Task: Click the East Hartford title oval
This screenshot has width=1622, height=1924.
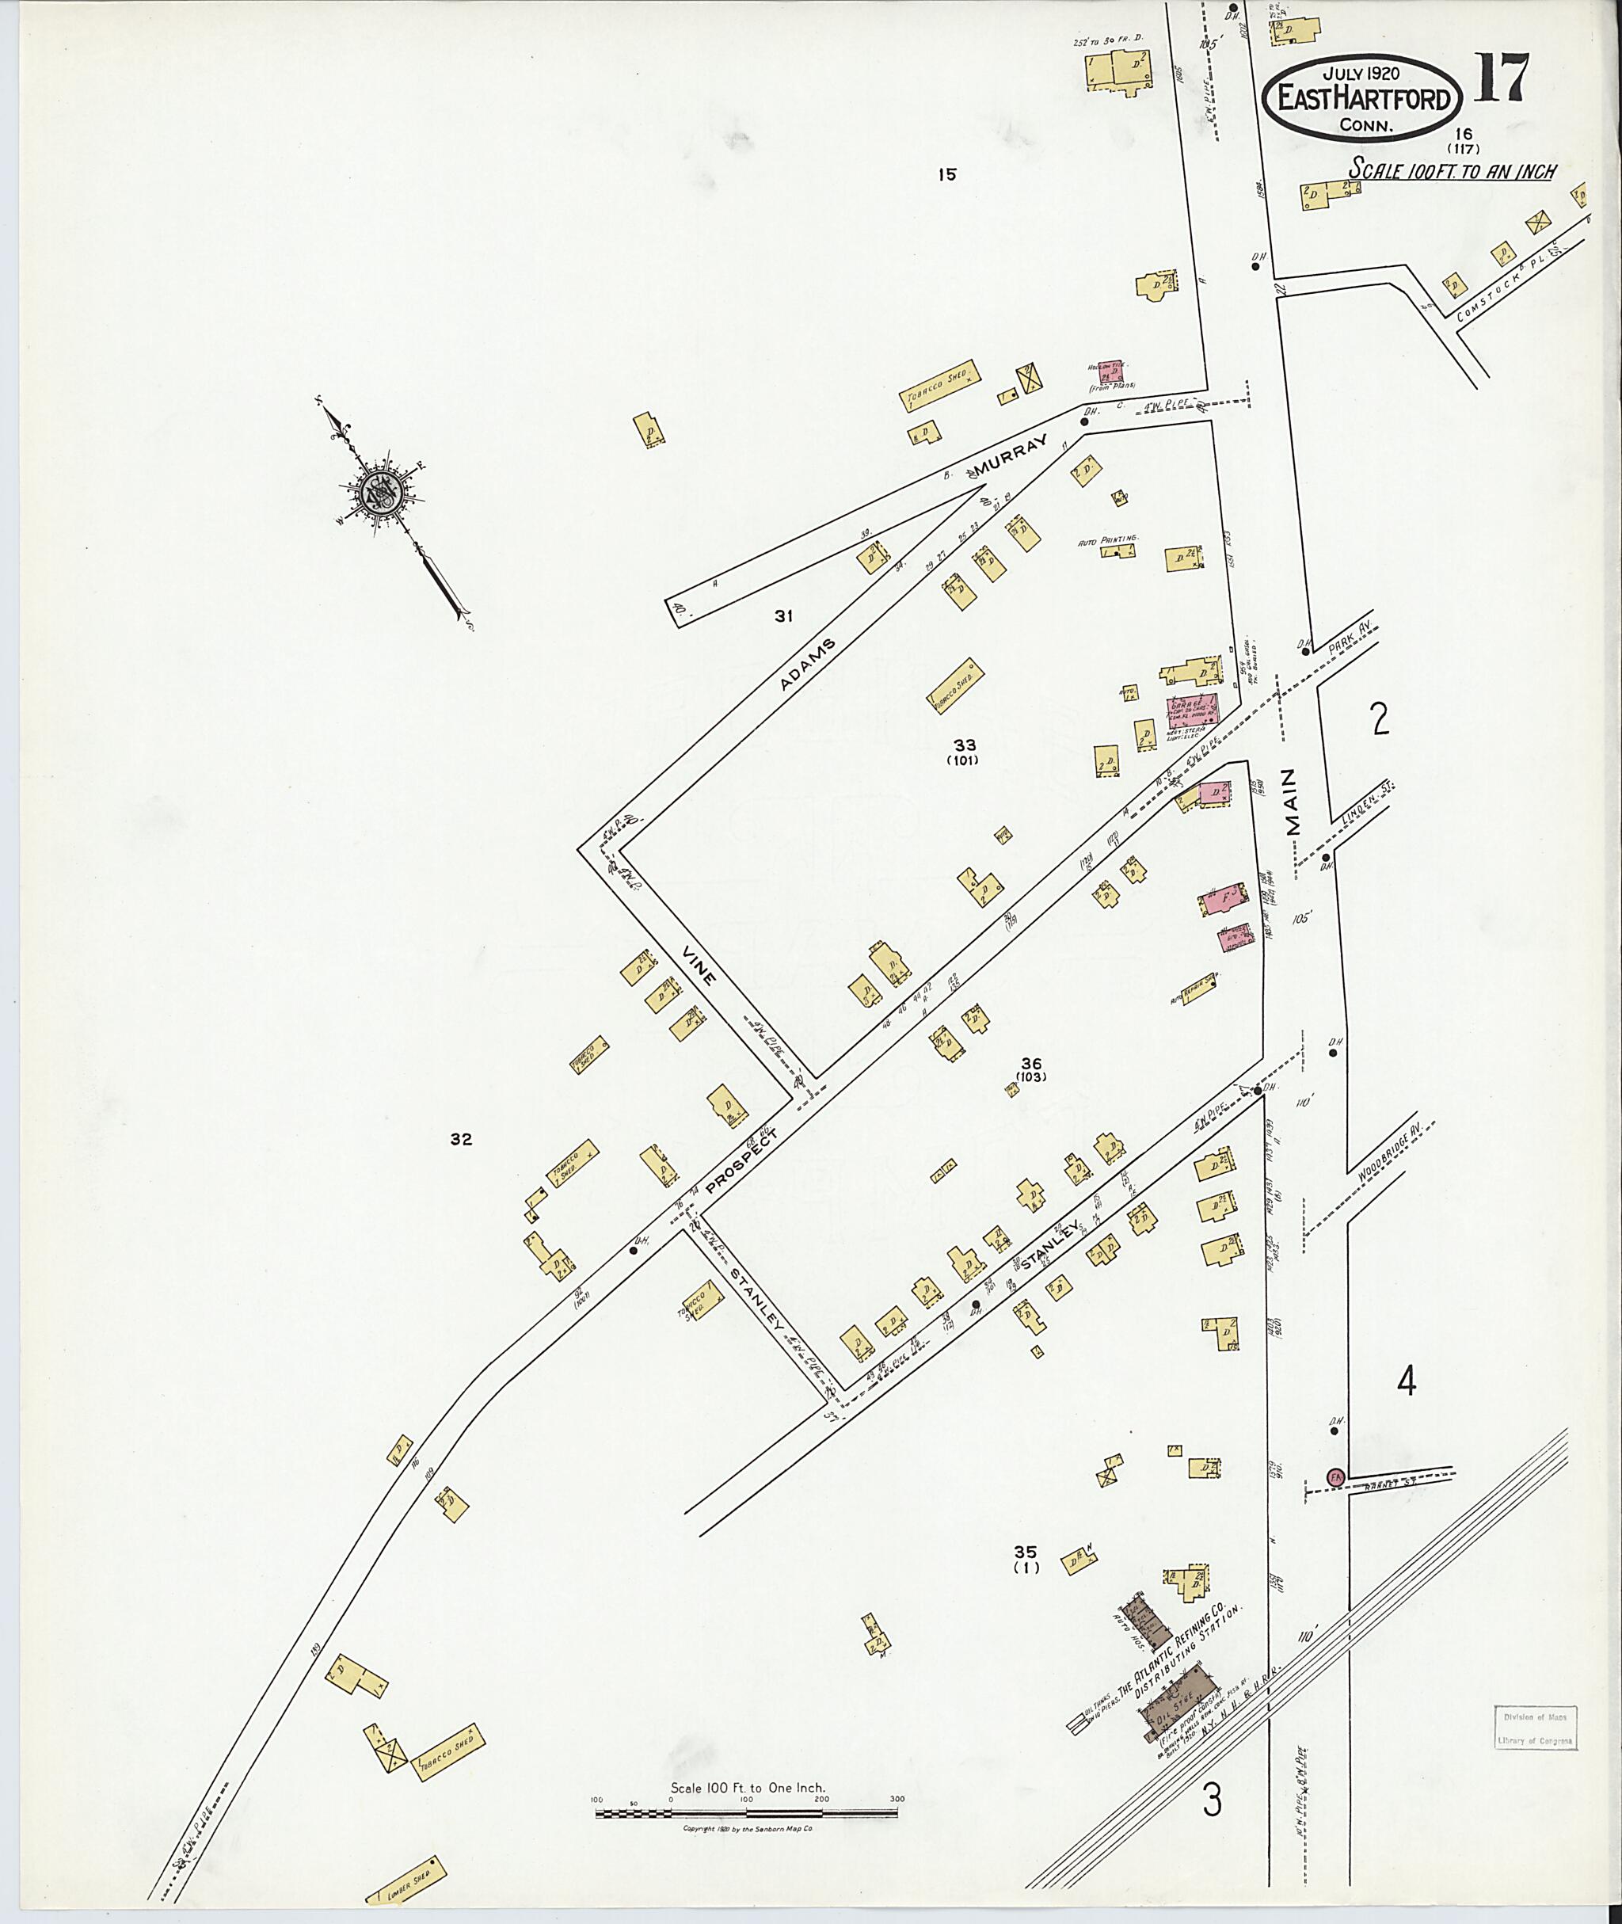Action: point(1361,97)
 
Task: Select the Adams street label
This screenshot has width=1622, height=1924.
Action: point(809,664)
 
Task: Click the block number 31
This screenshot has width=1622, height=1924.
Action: point(782,616)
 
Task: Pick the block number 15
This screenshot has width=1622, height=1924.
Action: point(948,173)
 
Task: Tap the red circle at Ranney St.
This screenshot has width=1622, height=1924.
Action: point(1335,1476)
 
